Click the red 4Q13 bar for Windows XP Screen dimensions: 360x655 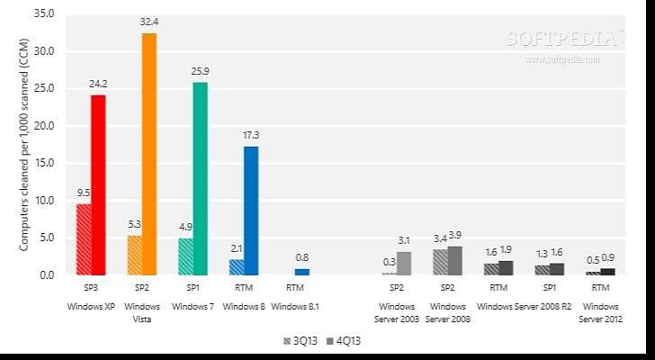99,184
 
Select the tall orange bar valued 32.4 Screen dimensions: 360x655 148,153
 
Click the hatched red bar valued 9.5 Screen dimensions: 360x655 84,238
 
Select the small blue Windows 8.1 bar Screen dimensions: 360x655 302,271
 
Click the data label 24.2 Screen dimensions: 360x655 99,84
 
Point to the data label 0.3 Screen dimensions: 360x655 389,262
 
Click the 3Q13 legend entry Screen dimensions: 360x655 299,341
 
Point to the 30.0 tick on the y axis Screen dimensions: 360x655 44,51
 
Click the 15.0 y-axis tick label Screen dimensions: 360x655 44,163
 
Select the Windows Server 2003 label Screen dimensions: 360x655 397,311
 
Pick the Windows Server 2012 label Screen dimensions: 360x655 600,311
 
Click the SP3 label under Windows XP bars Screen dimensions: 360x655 91,287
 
